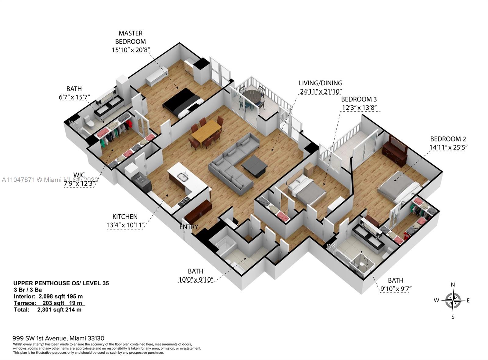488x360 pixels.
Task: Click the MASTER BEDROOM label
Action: pyautogui.click(x=131, y=37)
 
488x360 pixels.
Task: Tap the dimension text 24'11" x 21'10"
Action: pyautogui.click(x=320, y=91)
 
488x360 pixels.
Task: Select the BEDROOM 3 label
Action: pyautogui.click(x=359, y=99)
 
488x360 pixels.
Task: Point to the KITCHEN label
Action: pyautogui.click(x=125, y=217)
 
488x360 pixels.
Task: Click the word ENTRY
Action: pyautogui.click(x=188, y=227)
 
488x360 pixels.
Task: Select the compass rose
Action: pyautogui.click(x=453, y=301)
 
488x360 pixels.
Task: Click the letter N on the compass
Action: pyautogui.click(x=453, y=285)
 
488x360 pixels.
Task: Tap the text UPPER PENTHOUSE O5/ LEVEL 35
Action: pyautogui.click(x=61, y=283)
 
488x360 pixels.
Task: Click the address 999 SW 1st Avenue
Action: pyautogui.click(x=39, y=338)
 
